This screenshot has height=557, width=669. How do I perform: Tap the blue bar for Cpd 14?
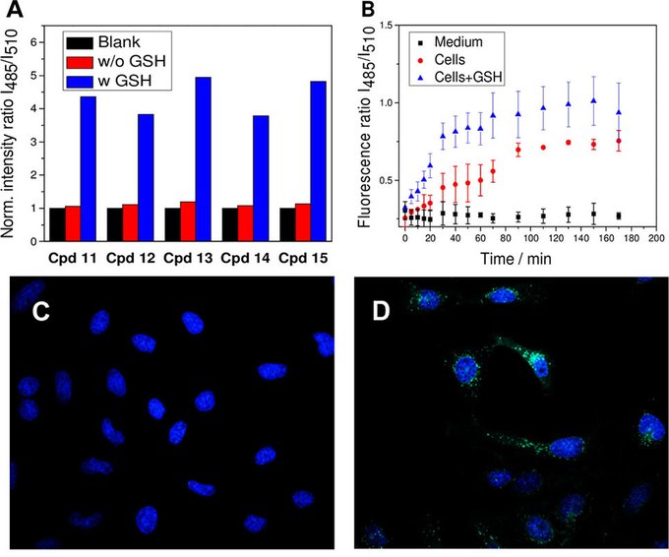(261, 176)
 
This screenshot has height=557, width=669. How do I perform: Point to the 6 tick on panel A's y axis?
(34, 42)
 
